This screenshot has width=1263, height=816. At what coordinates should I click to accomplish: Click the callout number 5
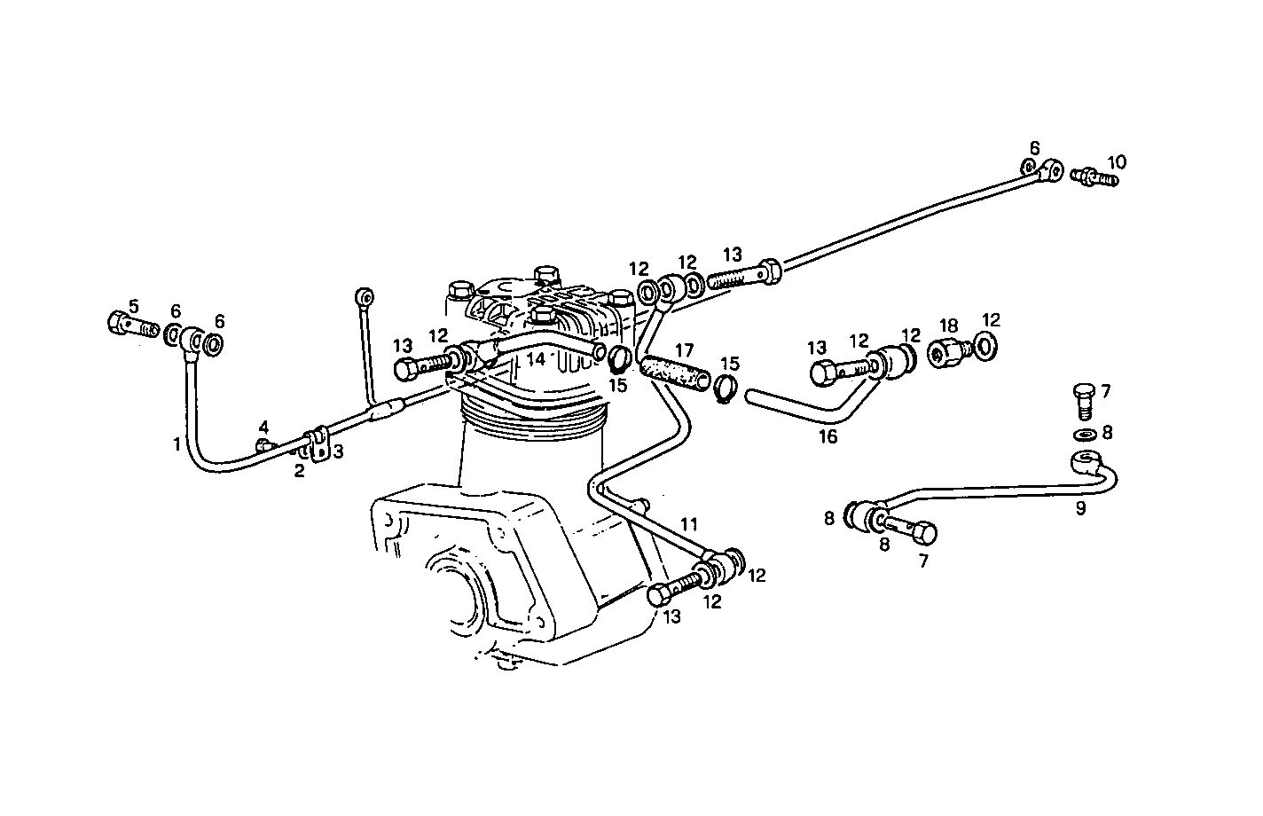point(133,306)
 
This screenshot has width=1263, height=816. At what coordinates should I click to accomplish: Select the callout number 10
point(1117,162)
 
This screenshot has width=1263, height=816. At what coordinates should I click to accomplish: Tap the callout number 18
point(949,326)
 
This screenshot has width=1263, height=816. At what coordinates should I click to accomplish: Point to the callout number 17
point(685,350)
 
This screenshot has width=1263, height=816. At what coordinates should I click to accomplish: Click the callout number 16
point(828,436)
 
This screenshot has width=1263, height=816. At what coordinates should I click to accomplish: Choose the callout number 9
point(1080,508)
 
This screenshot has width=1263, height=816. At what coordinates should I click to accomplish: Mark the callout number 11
point(689,525)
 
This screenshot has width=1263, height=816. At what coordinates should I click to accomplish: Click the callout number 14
point(536,358)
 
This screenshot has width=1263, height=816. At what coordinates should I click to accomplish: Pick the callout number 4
point(264,427)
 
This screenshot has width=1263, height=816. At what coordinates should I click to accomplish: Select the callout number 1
point(177,444)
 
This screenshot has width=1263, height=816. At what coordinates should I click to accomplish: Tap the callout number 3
point(338,451)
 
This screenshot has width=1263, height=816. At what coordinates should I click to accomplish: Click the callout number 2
point(300,471)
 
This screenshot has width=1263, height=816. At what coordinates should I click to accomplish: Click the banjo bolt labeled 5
point(133,325)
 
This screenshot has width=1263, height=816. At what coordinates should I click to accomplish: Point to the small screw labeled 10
point(1094,177)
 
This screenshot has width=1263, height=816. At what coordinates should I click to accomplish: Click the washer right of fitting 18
point(985,347)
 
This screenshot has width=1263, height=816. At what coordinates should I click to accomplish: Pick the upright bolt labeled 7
point(1084,401)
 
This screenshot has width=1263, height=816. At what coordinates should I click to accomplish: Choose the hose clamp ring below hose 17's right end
point(726,389)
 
